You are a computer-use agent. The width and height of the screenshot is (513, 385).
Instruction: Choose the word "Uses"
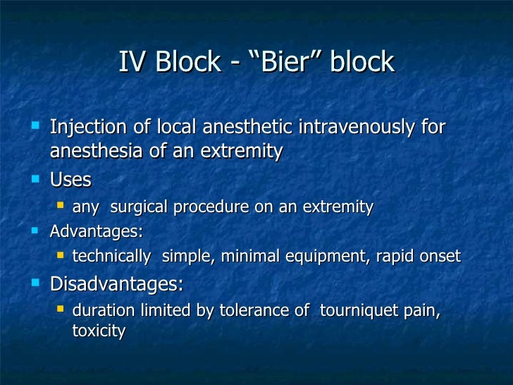click(70, 180)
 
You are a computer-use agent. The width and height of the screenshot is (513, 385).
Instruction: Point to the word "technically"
click(111, 257)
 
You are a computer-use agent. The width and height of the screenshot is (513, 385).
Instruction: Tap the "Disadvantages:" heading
click(116, 284)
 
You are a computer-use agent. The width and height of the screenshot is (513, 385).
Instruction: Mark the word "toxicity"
click(99, 330)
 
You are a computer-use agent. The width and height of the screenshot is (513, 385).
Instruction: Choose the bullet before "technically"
click(61, 255)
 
